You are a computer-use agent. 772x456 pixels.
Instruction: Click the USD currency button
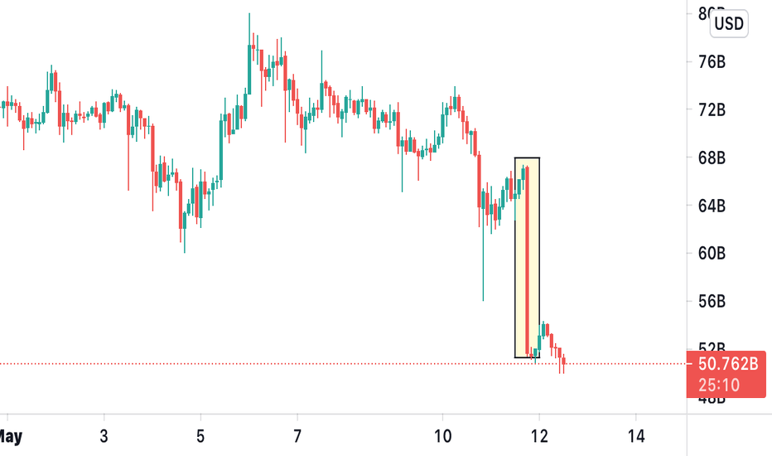tap(728, 24)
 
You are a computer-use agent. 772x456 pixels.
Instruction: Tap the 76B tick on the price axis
tap(712, 62)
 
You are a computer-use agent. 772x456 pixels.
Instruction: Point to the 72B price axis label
tap(712, 109)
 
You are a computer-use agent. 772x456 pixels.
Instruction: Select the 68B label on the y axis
tap(712, 158)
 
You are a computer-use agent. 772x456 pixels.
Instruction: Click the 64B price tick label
tap(712, 206)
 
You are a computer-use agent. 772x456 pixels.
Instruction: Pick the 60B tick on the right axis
tap(712, 253)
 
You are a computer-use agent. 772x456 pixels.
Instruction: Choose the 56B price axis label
tap(712, 301)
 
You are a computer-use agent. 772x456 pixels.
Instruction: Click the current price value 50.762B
tap(726, 363)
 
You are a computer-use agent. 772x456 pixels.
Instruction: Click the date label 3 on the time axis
tap(104, 434)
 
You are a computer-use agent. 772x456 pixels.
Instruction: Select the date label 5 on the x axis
tap(200, 434)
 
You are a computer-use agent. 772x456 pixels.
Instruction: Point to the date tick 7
tap(297, 434)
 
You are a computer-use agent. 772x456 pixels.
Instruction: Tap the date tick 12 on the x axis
tap(539, 434)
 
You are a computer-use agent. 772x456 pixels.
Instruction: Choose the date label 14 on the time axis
tap(636, 434)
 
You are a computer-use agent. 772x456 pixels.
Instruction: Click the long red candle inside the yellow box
tap(527, 257)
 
